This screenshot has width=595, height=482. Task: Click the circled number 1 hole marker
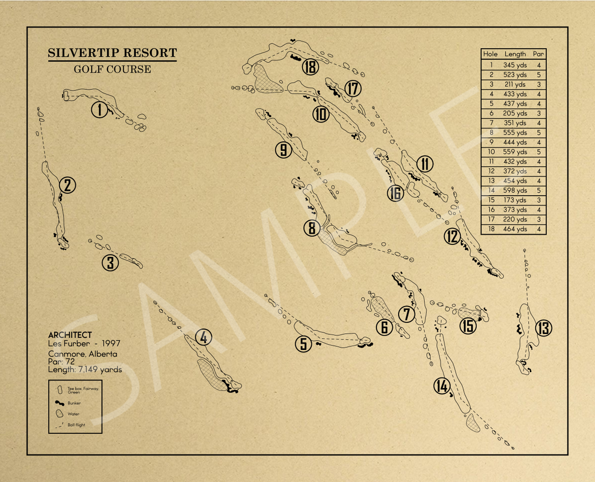click(100, 109)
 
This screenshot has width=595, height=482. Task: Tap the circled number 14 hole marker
click(442, 387)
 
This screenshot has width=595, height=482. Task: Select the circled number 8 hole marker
click(312, 228)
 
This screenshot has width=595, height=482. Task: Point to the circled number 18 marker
click(310, 67)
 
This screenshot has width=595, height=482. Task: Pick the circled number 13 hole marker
click(543, 328)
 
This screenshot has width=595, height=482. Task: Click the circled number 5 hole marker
click(304, 344)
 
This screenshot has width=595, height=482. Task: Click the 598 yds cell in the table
click(515, 190)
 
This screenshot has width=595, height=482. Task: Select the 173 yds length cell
click(515, 200)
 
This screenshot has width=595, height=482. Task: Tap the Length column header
click(515, 54)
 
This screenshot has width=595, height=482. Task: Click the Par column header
click(538, 54)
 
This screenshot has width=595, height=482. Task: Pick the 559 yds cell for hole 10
click(515, 152)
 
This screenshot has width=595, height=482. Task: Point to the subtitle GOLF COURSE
click(112, 69)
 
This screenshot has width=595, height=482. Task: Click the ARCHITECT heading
click(70, 335)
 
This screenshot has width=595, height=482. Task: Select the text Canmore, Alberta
click(82, 354)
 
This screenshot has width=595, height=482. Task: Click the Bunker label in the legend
click(74, 403)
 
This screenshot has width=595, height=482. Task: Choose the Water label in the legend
click(73, 414)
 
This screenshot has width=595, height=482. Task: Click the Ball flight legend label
click(76, 424)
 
